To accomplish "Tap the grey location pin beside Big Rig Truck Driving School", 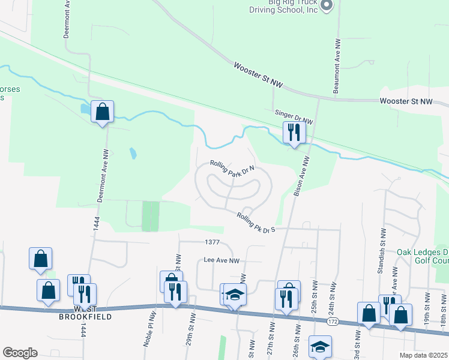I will coord(326,5).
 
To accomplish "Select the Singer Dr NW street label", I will coord(294,116).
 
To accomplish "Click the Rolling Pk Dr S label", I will coord(256,223).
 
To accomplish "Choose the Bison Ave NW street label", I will coord(301,177).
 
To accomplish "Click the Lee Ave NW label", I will coord(221,261).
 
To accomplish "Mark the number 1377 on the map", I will coord(212,242).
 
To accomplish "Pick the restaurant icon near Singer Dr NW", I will coord(294,133).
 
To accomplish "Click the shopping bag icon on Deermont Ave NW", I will coord(103,112).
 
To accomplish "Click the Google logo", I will coord(20,353).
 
